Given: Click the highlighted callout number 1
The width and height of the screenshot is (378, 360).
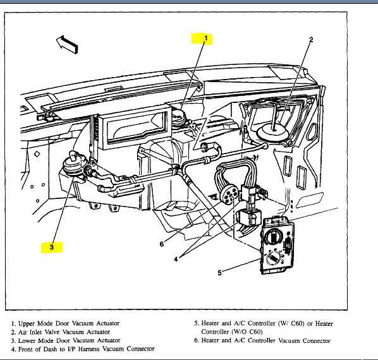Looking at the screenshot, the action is click(x=206, y=39).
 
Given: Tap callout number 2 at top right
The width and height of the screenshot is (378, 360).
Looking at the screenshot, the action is click(x=311, y=40).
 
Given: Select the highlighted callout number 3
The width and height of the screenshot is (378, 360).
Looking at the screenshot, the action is click(x=52, y=247).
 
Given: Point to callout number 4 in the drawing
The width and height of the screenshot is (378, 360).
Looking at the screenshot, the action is click(x=176, y=259).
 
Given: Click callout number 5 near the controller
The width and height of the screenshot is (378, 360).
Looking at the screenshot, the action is click(x=219, y=273).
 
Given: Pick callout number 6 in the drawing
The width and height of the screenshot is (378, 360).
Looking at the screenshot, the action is click(x=162, y=244).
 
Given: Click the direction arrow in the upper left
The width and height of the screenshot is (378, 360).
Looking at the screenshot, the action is click(x=67, y=45).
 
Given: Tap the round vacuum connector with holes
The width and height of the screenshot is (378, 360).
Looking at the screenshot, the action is click(x=229, y=195).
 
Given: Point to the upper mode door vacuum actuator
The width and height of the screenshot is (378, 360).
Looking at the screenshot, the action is click(x=179, y=117).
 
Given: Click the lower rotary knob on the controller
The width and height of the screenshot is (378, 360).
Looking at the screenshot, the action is click(x=273, y=259).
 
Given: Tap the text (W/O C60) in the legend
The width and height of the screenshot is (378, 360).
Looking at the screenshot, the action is click(x=247, y=332).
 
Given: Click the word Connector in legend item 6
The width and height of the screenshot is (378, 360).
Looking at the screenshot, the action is click(x=317, y=340).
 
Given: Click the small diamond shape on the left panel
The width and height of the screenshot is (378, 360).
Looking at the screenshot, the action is click(x=37, y=154).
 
